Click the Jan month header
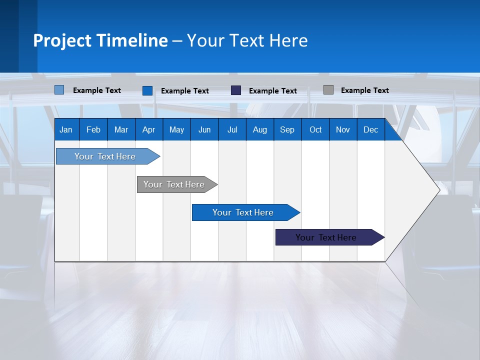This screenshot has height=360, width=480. pyautogui.click(x=66, y=129)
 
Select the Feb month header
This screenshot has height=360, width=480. pyautogui.click(x=93, y=129)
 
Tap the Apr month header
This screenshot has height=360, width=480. pyautogui.click(x=148, y=129)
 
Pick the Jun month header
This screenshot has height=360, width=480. pyautogui.click(x=204, y=129)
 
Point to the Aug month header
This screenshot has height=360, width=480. pyautogui.click(x=259, y=129)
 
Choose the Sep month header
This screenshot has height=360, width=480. pyautogui.click(x=287, y=129)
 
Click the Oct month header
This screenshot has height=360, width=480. pyautogui.click(x=315, y=129)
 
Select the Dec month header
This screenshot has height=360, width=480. pyautogui.click(x=370, y=129)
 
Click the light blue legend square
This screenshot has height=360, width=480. pyautogui.click(x=59, y=90)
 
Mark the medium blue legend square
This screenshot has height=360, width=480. pyautogui.click(x=147, y=90)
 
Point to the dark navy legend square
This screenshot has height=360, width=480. pyautogui.click(x=236, y=90)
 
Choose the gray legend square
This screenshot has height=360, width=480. pyautogui.click(x=328, y=90)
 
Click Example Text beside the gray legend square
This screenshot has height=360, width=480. pyautogui.click(x=364, y=90)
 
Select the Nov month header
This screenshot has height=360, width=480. pyautogui.click(x=343, y=129)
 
